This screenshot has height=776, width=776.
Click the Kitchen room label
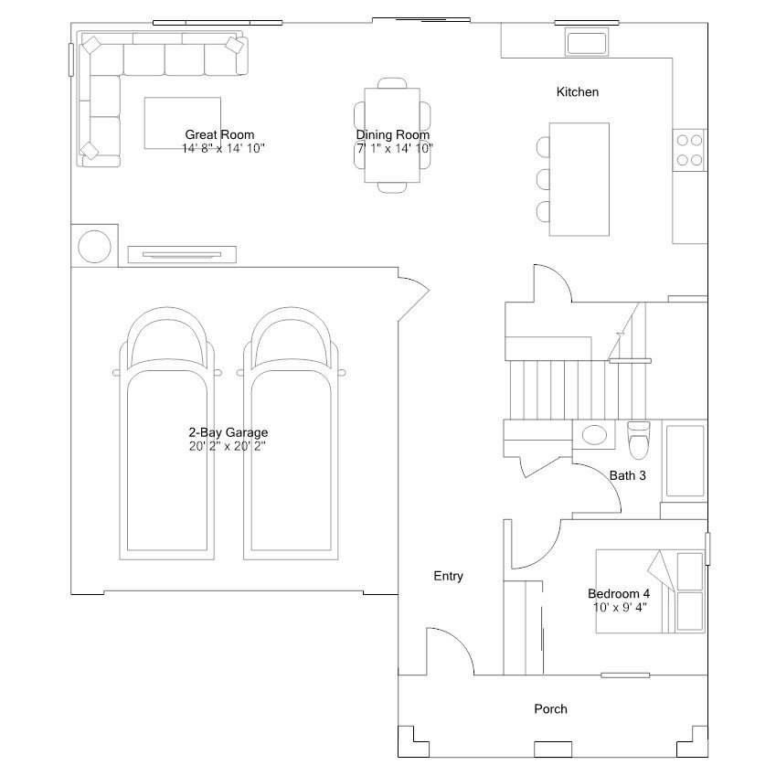(577, 92)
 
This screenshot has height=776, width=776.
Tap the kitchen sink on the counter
(587, 41)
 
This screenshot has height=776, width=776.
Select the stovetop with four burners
(689, 150)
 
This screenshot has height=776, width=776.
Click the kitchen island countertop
(579, 179)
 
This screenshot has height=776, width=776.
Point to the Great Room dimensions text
(223, 148)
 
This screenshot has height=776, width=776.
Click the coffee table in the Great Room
(183, 122)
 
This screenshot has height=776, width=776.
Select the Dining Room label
(392, 134)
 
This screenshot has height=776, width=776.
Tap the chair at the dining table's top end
(392, 83)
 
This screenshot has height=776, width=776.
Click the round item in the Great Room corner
(94, 246)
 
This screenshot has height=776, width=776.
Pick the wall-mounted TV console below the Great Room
(182, 254)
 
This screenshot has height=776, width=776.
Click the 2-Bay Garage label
(229, 432)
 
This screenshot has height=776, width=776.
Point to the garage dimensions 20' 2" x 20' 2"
(228, 446)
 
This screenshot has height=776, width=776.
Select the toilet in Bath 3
(638, 440)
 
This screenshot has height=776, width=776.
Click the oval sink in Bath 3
(594, 435)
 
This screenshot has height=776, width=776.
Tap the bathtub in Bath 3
(685, 461)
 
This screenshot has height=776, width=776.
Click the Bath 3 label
(628, 475)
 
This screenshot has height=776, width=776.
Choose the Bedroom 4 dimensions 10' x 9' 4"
(620, 607)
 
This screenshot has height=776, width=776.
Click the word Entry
(449, 576)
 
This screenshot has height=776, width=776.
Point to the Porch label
(550, 709)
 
